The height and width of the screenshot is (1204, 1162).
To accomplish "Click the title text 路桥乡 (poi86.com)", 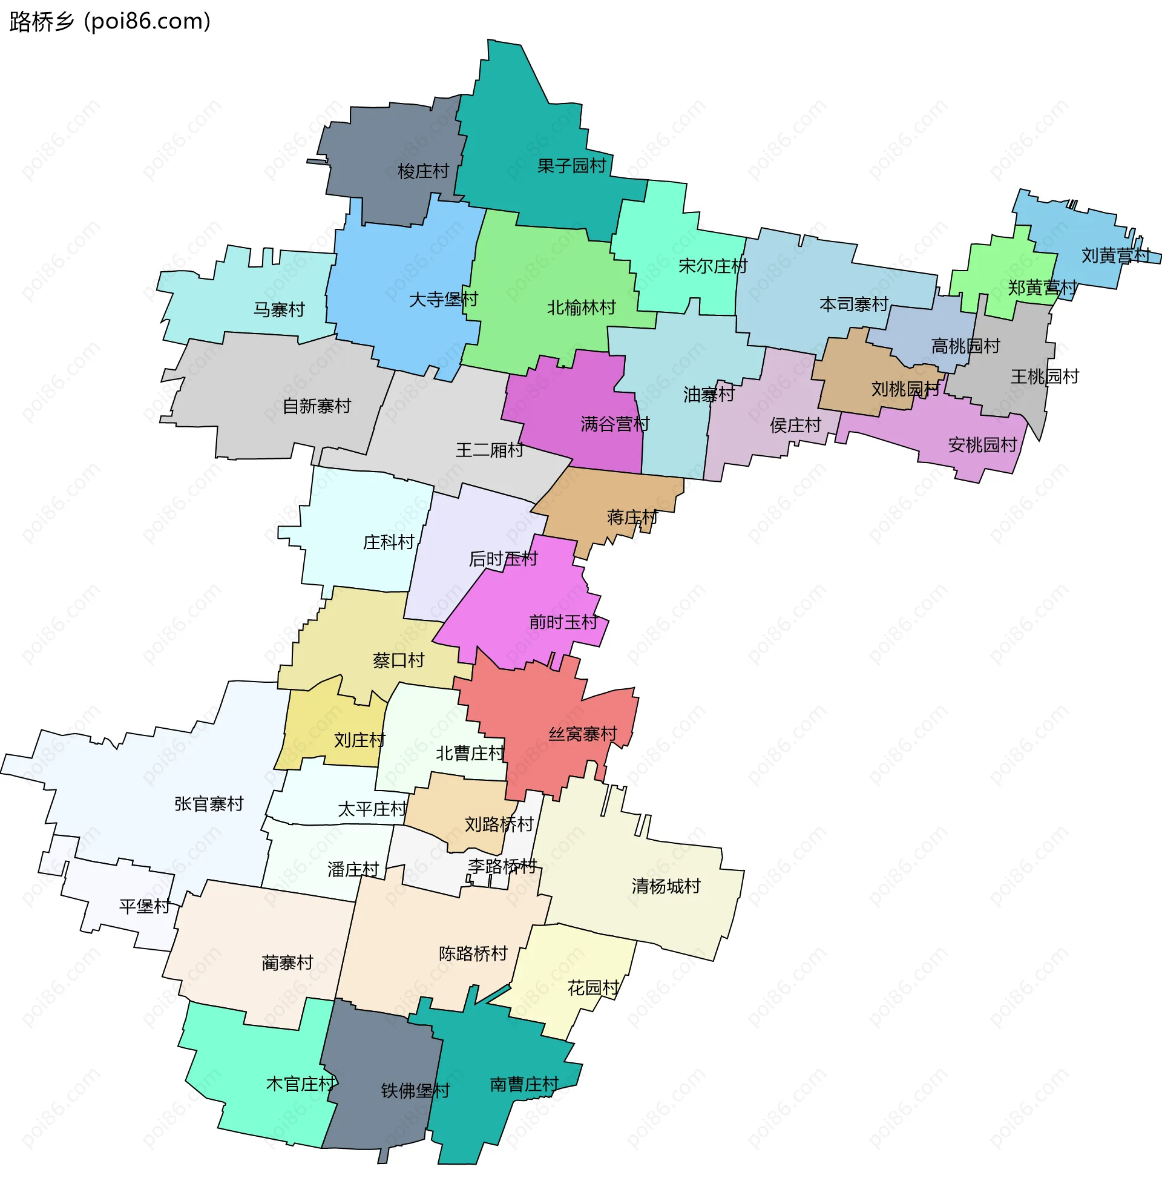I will (x=111, y=22).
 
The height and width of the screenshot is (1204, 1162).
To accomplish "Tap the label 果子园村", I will (x=571, y=166).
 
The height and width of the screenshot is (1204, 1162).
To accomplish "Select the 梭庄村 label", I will (x=423, y=171).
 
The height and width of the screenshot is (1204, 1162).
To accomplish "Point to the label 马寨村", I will (x=279, y=309).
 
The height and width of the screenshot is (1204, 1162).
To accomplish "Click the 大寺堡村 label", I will (x=444, y=300).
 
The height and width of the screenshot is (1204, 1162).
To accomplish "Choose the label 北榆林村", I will (x=581, y=308).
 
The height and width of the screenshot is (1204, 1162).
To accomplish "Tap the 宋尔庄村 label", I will (x=712, y=266).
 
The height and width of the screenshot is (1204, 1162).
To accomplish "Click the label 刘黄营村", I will (x=1115, y=255).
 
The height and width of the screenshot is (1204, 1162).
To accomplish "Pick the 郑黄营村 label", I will (x=1042, y=288).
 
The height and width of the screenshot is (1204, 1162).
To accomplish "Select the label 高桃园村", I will (x=965, y=346).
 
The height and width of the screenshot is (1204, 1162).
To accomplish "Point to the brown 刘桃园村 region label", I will (x=905, y=389).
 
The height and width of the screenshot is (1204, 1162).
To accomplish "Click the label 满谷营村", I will (x=615, y=424).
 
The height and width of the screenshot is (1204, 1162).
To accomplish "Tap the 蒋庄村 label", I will (x=632, y=518).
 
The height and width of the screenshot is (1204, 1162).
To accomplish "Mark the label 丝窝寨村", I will (x=582, y=734).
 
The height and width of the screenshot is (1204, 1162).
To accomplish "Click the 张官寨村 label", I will (x=209, y=804).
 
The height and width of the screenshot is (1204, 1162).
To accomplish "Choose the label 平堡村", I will (x=144, y=907).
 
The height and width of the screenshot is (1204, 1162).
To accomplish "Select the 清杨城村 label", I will (x=666, y=886).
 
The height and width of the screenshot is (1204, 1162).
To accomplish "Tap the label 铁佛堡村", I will (x=415, y=1091).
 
